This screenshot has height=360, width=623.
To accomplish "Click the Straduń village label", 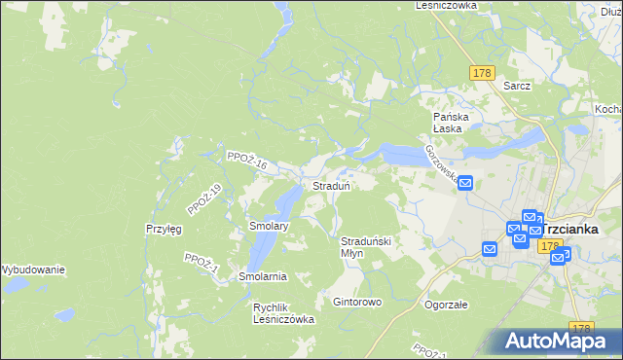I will (331, 185).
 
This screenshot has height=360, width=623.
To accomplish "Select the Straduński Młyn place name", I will (365, 246).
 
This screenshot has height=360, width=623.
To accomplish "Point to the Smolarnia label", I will (263, 276).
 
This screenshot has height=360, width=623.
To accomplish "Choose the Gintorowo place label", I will (357, 302).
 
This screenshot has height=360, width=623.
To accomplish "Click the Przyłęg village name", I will (165, 229).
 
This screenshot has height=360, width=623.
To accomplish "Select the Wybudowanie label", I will (32, 269).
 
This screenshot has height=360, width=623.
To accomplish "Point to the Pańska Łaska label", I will (452, 123).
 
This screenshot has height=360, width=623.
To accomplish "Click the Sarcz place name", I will (517, 86).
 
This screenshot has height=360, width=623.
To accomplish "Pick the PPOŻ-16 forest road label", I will (245, 161).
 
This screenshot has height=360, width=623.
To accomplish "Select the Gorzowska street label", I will (440, 161).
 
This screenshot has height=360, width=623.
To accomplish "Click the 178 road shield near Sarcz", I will (482, 73).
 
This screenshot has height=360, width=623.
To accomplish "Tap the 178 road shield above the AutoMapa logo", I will (582, 328).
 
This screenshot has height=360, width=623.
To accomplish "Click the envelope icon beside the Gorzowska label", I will (465, 182).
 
